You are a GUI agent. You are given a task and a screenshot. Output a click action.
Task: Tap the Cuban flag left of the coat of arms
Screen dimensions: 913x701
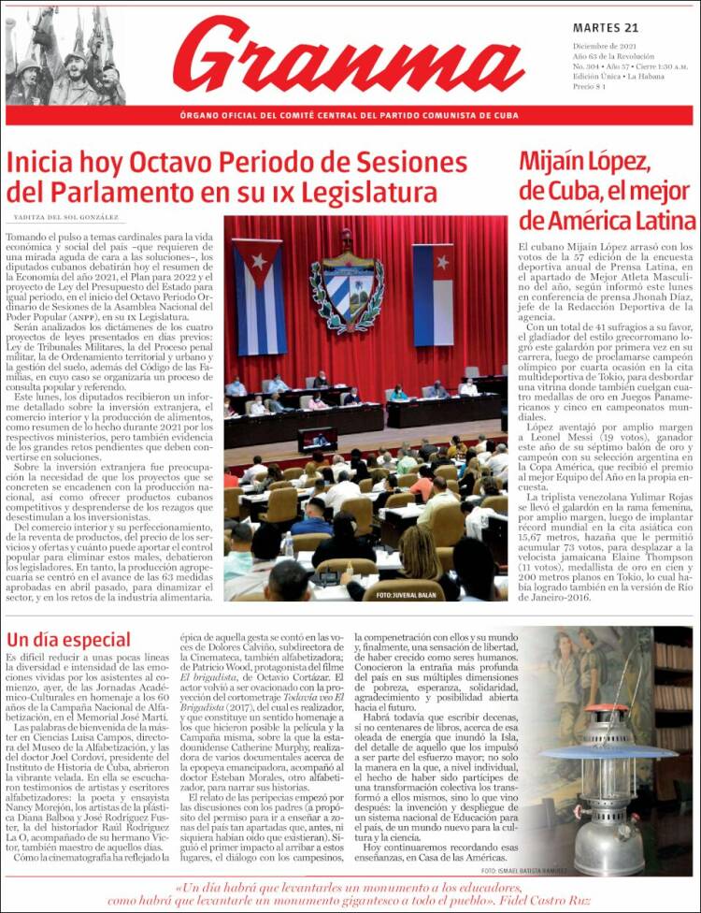pyautogui.click(x=259, y=296)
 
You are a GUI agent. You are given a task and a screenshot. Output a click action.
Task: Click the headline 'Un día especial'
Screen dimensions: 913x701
pyautogui.click(x=68, y=640)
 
